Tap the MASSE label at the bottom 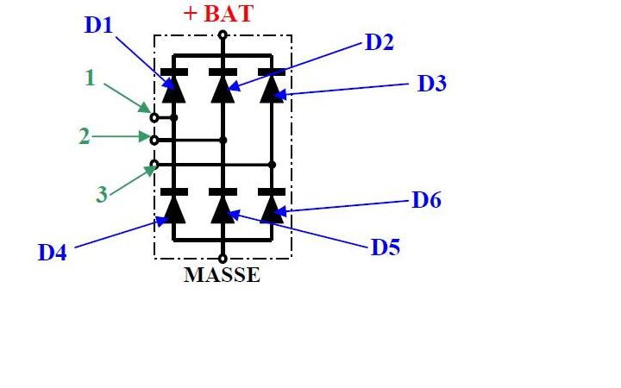pyautogui.click(x=222, y=276)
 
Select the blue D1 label pyautogui.click(x=98, y=25)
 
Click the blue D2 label pyautogui.click(x=379, y=42)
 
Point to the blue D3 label pyautogui.click(x=432, y=84)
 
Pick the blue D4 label pyautogui.click(x=53, y=253)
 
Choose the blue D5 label pyautogui.click(x=386, y=247)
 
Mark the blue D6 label pyautogui.click(x=427, y=201)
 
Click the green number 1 pyautogui.click(x=90, y=78)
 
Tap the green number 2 pyautogui.click(x=84, y=136)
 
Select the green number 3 pyautogui.click(x=102, y=195)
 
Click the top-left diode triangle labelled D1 pyautogui.click(x=173, y=89)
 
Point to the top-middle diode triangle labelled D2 pyautogui.click(x=223, y=89)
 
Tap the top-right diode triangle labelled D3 pyautogui.click(x=272, y=89)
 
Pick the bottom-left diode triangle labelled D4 pyautogui.click(x=173, y=208)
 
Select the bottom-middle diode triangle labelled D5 pyautogui.click(x=223, y=208)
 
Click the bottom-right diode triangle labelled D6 pyautogui.click(x=272, y=208)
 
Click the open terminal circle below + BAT pyautogui.click(x=223, y=35)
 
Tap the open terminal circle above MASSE pyautogui.click(x=223, y=258)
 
